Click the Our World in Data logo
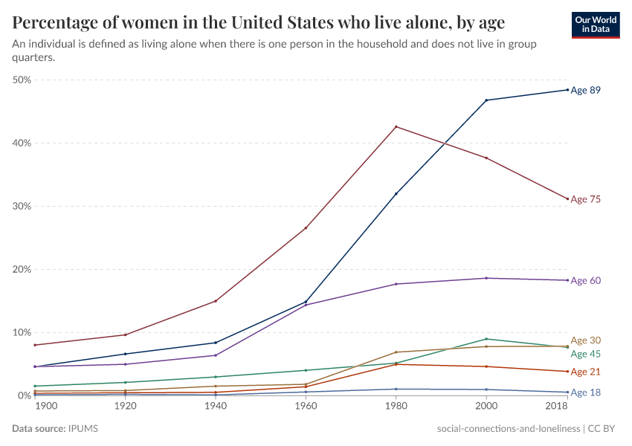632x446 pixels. point(596,25)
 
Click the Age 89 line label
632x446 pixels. point(585,90)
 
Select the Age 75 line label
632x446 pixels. point(585,199)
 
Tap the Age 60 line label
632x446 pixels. point(585,280)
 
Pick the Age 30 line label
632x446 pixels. point(585,340)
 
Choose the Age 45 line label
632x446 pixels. point(585,354)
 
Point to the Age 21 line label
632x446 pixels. point(585,372)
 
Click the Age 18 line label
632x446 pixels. point(585,392)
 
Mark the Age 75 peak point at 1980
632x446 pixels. point(396,126)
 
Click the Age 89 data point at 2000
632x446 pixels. point(486,100)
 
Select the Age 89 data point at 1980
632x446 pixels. point(396,193)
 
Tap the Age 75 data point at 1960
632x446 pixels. point(306,227)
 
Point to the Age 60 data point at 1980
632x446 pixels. point(396,284)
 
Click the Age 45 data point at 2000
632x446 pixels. point(486,339)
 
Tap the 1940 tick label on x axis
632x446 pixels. point(216,407)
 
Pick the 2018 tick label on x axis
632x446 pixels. point(558,407)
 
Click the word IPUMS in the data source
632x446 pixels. point(83,429)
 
